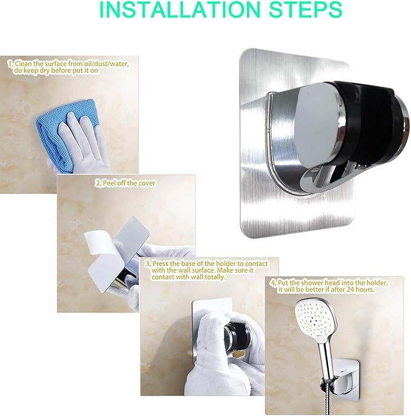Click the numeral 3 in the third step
[x=148, y=263]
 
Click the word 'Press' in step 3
[x=162, y=263]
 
